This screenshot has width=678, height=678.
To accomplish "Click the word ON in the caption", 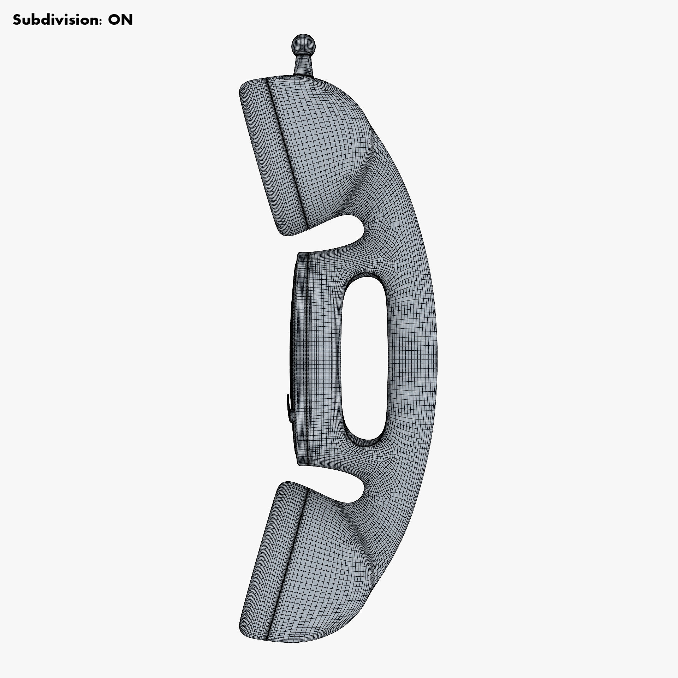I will (120, 20).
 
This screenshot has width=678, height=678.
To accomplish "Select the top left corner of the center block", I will (299, 254).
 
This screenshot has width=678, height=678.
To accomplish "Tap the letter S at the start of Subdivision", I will (17, 20).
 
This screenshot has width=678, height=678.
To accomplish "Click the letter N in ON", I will (127, 20).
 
